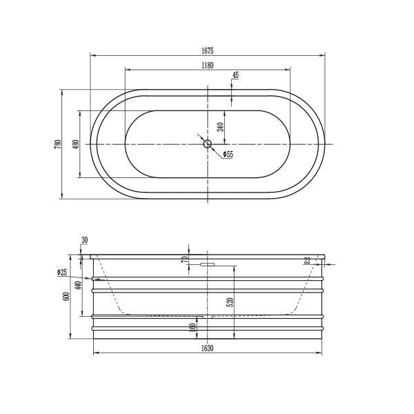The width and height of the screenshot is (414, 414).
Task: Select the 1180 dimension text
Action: click(207, 65)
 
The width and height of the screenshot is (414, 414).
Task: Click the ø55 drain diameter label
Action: click(228, 155)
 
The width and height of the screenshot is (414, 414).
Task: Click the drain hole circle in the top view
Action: click(207, 144)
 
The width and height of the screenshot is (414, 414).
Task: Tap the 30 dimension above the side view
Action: click(85, 240)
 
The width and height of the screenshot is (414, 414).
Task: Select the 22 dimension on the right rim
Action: click(307, 260)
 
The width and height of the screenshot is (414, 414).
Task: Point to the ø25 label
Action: click(62, 273)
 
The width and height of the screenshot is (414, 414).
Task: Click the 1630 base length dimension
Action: click(207, 348)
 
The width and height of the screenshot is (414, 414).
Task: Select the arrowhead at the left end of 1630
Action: click(95, 353)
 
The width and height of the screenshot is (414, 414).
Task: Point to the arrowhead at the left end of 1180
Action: click(127, 70)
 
